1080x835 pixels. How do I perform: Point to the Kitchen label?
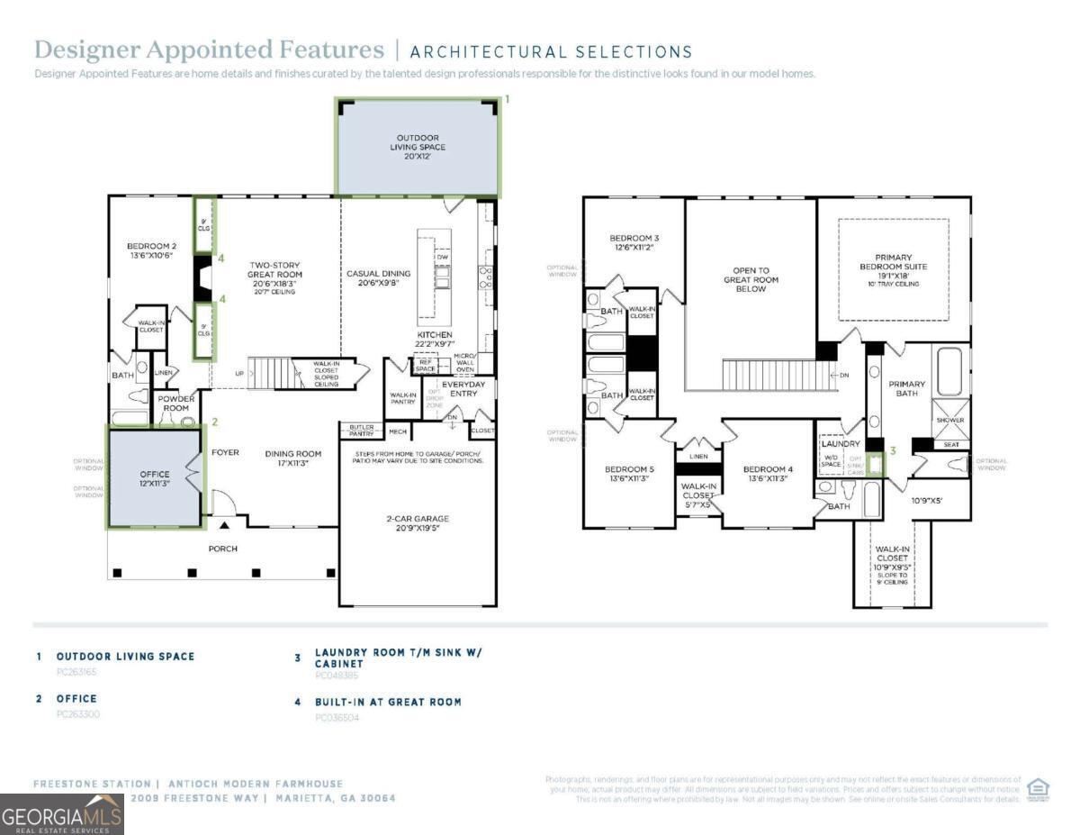point(434,335)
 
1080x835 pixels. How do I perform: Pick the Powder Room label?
point(176,403)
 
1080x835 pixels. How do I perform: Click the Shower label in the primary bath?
point(950,420)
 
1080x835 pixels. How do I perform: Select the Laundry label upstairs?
point(841,444)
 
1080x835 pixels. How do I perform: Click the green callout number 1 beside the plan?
point(507,98)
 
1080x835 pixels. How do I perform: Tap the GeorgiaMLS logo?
point(62,814)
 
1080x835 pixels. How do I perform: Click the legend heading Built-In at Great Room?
point(388,702)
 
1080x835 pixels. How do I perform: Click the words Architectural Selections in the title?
point(552,51)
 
